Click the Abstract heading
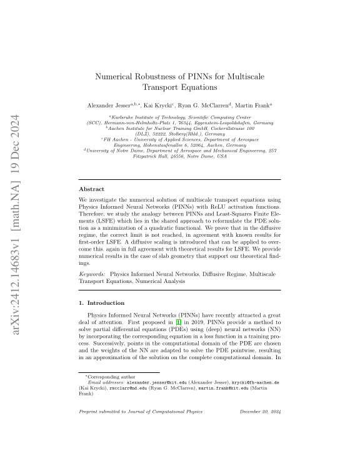click(91, 189)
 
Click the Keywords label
click(92, 274)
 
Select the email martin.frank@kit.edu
click(225, 387)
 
